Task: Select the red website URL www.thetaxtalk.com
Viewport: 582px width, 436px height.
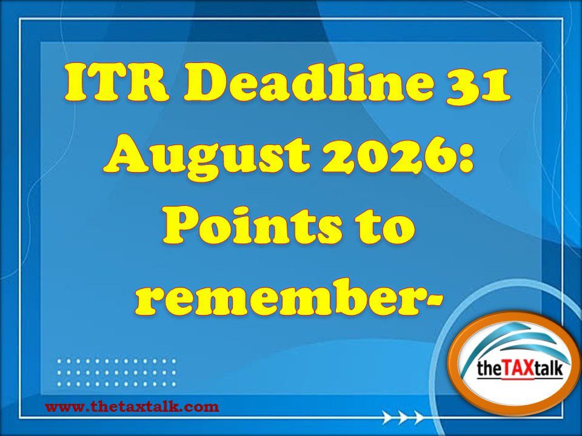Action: pos(132,407)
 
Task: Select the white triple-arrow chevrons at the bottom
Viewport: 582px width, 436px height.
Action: pos(404,417)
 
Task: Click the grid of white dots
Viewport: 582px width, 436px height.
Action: pos(116,372)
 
